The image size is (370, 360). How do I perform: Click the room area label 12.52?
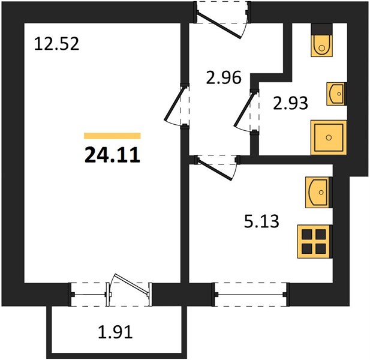(x=56, y=44)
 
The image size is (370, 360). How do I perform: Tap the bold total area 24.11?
(x=112, y=155)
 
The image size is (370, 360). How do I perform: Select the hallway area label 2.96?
(x=224, y=77)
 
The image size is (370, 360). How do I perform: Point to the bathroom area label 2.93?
(x=290, y=103)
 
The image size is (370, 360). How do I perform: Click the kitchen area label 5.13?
(x=261, y=221)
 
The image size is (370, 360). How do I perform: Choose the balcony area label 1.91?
(x=115, y=332)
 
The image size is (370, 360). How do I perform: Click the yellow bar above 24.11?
(x=112, y=136)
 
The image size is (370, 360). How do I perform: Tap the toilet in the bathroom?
(x=321, y=40)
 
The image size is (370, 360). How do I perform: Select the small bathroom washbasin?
(x=336, y=94)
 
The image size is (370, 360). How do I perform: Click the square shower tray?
(x=329, y=137)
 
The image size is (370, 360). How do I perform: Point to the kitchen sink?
(x=318, y=193)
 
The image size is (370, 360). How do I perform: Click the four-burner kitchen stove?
(x=315, y=241)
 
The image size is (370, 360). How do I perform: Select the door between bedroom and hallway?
(x=173, y=104)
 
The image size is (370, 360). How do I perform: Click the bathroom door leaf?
(x=244, y=110)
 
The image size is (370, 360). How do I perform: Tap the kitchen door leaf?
(x=215, y=169)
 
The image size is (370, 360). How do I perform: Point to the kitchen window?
(x=251, y=295)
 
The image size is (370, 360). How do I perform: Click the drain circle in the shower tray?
(x=329, y=137)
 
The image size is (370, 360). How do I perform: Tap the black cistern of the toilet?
(x=321, y=29)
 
